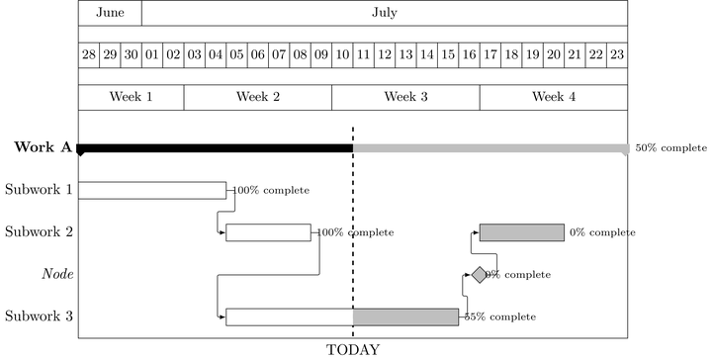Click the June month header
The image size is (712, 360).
pos(110,13)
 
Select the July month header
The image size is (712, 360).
pos(385,13)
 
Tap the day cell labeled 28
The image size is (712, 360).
pos(89,54)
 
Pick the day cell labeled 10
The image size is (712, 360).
pos(342,54)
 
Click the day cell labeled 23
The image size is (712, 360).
pos(617,54)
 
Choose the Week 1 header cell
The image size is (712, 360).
pos(132,97)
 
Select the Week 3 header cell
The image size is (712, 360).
pos(405,97)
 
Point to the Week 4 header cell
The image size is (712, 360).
pos(554,97)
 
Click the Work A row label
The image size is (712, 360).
pos(43,148)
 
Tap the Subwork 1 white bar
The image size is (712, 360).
pos(152,190)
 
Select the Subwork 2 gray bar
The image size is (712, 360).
pos(522,232)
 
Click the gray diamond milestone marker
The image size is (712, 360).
pos(480,275)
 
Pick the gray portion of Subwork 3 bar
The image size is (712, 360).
pos(405,316)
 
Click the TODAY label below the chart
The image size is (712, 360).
pos(353,349)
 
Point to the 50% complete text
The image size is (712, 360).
pos(670,148)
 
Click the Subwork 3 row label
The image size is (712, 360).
pos(39,316)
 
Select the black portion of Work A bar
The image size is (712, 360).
pos(216,148)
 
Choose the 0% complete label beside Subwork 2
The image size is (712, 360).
pos(602,232)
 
